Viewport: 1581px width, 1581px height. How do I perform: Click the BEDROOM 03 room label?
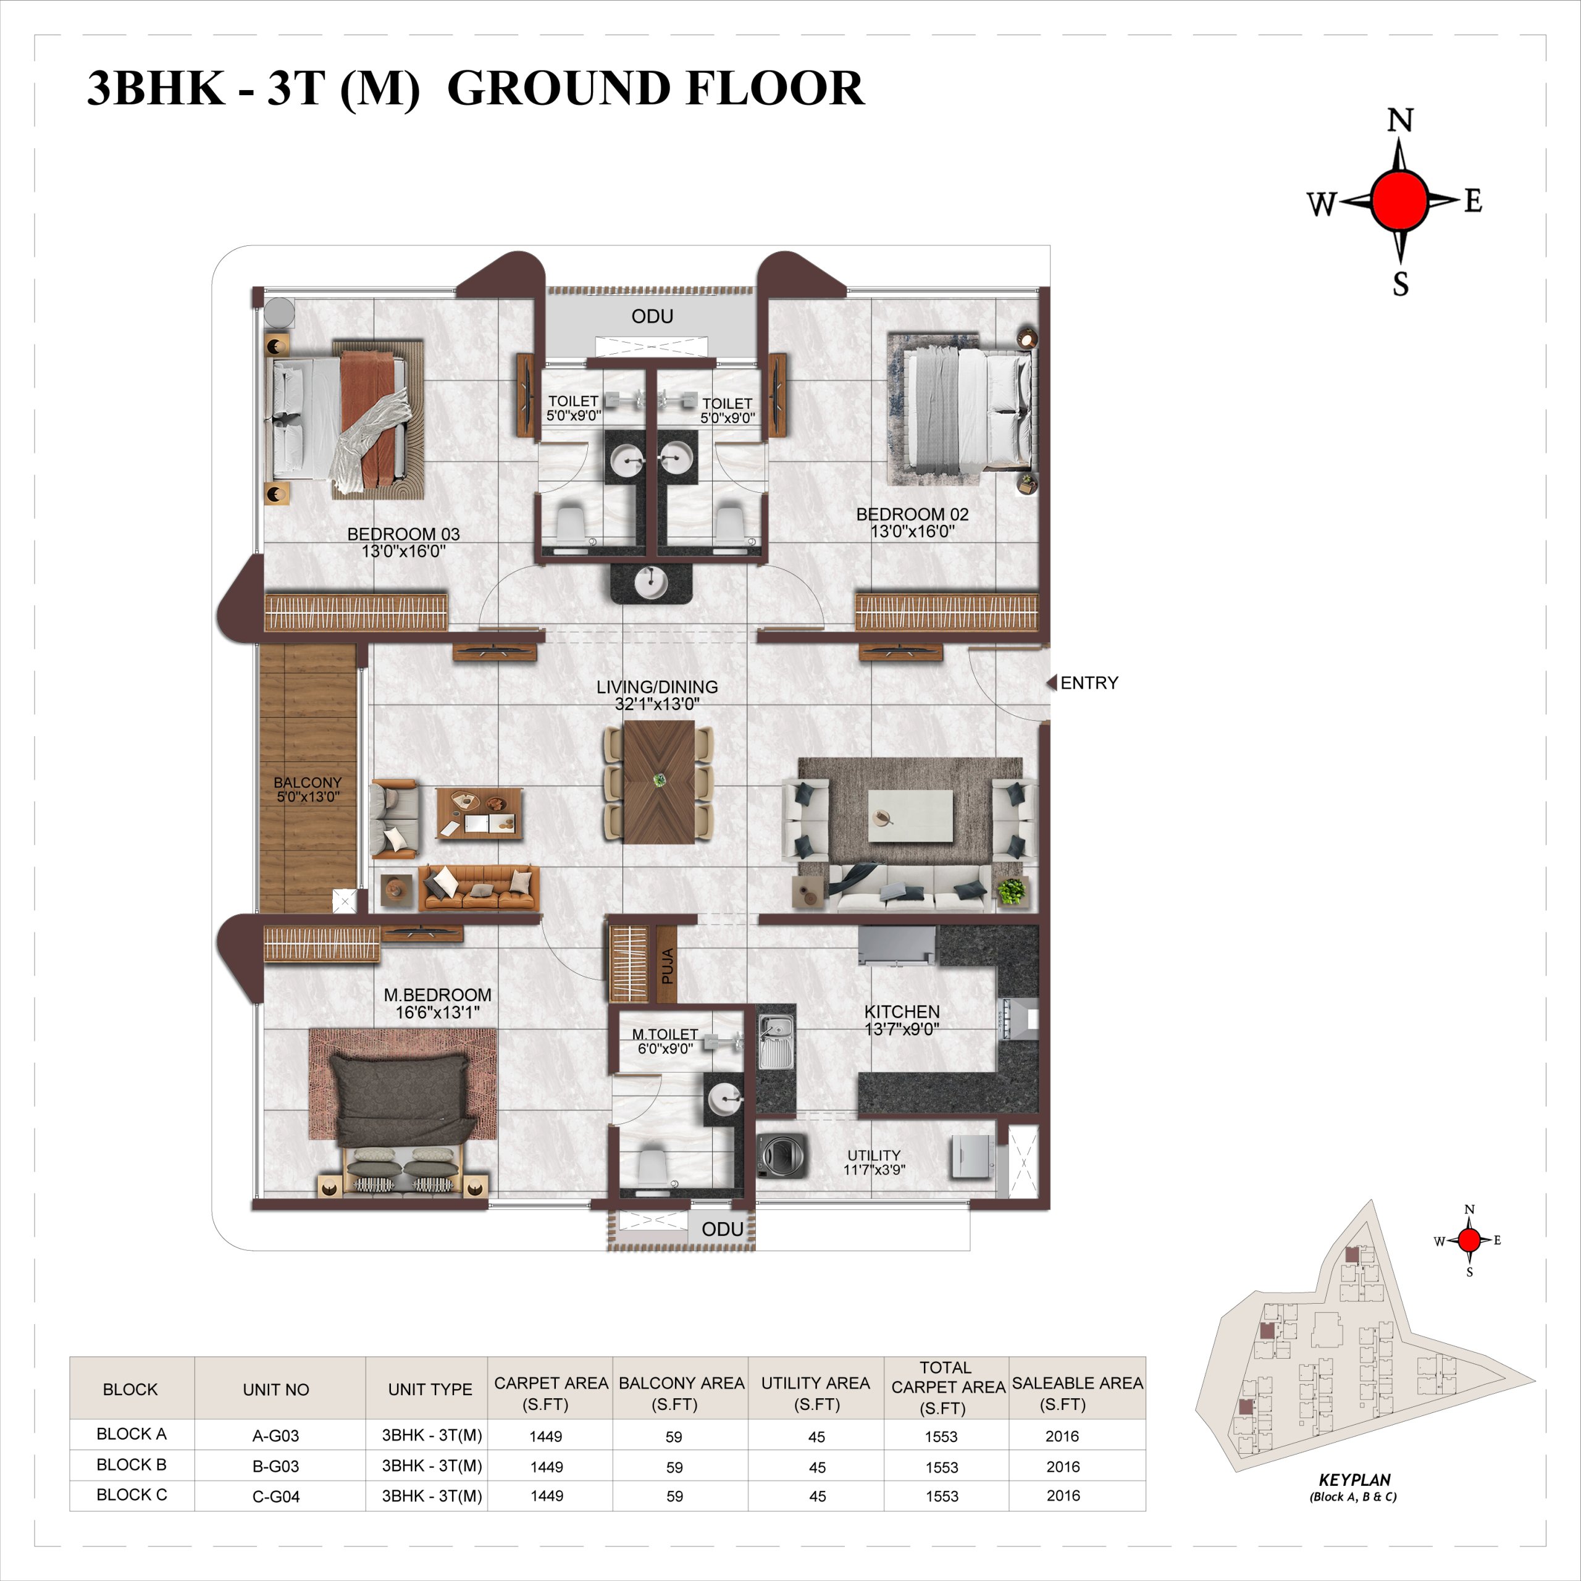coord(403,534)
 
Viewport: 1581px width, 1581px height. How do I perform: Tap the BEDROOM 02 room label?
coord(912,514)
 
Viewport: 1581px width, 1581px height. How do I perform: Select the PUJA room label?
coord(667,966)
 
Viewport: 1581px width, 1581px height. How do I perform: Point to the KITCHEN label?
coord(902,1012)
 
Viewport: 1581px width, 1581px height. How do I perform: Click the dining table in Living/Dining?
coord(659,781)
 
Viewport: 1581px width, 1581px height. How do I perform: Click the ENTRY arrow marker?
coord(1052,682)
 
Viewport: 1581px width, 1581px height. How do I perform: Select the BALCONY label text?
coord(308,782)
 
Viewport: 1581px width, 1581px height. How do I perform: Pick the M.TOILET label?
coord(665,1034)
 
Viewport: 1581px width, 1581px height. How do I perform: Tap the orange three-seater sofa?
coord(479,889)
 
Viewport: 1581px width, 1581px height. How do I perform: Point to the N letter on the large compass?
coord(1400,121)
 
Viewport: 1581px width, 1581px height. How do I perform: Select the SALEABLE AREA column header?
coord(1077,1394)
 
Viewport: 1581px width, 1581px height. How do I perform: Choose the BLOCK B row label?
coord(132,1465)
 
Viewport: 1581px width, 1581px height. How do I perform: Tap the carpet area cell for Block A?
coord(546,1436)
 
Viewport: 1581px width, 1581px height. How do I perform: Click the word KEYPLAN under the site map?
coord(1354,1480)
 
